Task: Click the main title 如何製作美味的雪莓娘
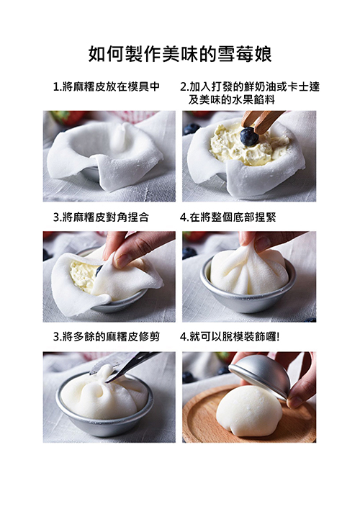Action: [x=180, y=53]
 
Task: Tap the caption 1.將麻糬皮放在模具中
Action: [x=107, y=86]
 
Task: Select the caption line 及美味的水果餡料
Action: [x=231, y=99]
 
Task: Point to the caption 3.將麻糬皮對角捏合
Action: [x=101, y=217]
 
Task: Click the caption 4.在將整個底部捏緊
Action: [x=228, y=217]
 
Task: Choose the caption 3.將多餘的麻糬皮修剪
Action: [x=107, y=337]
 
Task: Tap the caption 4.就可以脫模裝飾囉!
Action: [x=230, y=337]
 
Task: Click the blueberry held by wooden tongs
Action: [x=249, y=136]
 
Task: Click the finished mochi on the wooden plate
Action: [x=249, y=410]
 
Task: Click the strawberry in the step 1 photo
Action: [x=69, y=117]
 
